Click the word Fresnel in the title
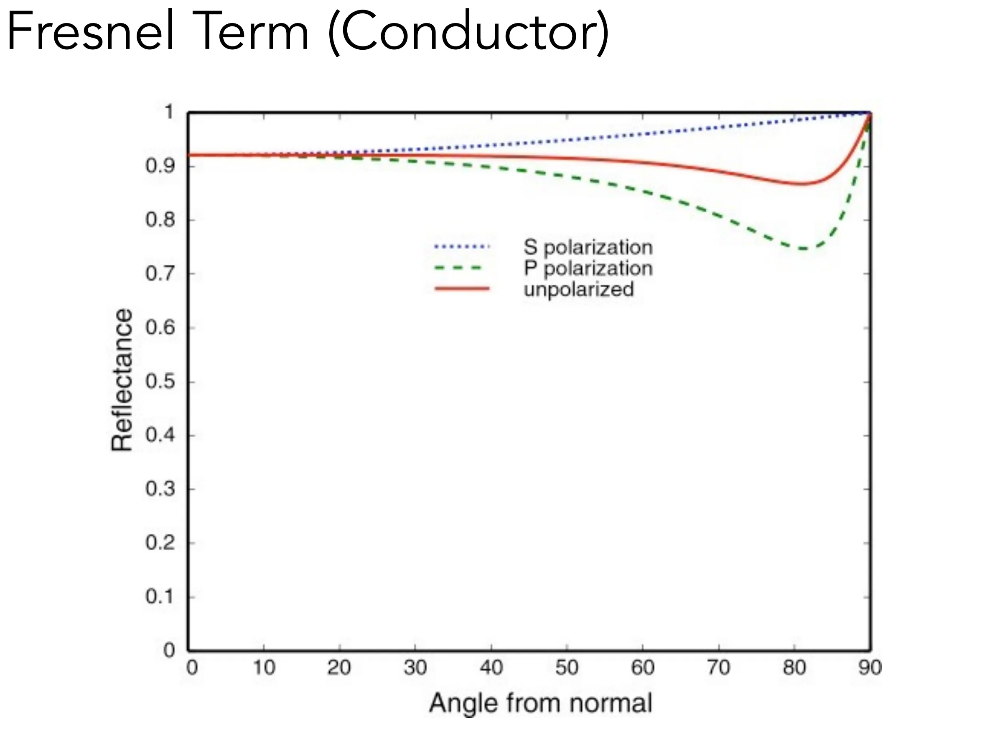click(91, 31)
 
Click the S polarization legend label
click(588, 248)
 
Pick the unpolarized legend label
click(579, 289)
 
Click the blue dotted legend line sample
click(462, 247)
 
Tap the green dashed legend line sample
click(458, 268)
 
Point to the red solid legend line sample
click(462, 289)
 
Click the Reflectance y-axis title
click(122, 380)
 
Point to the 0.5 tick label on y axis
click(160, 381)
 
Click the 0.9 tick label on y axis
click(160, 166)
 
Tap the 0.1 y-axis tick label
click(160, 597)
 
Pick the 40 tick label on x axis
click(491, 667)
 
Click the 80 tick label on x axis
click(794, 667)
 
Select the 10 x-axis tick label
click(264, 667)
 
